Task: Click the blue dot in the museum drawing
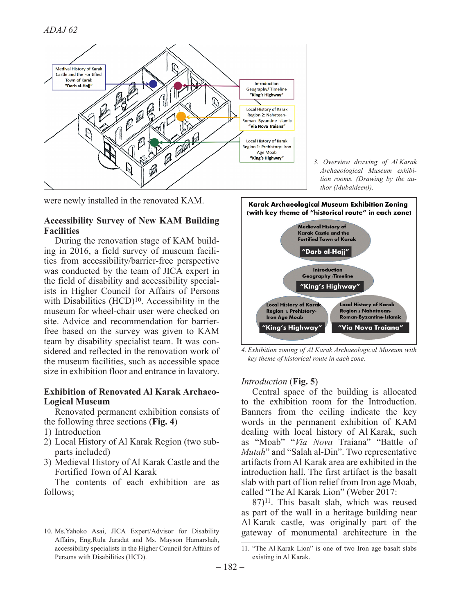pyautogui.click(x=153, y=84)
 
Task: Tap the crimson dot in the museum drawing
pyautogui.click(x=178, y=86)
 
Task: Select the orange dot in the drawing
pyautogui.click(x=181, y=116)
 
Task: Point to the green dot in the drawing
pyautogui.click(x=154, y=142)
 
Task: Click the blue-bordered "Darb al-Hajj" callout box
pyautogui.click(x=79, y=77)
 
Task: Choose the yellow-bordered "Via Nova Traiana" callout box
pyautogui.click(x=267, y=118)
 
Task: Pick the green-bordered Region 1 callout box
pyautogui.click(x=267, y=149)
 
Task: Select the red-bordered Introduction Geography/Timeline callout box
pyautogui.click(x=267, y=89)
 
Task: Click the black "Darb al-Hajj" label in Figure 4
pyautogui.click(x=325, y=251)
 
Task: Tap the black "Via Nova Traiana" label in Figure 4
pyautogui.click(x=371, y=327)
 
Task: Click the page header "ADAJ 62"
pyautogui.click(x=61, y=29)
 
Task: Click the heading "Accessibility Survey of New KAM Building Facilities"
pyautogui.click(x=131, y=226)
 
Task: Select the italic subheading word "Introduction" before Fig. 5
pyautogui.click(x=264, y=381)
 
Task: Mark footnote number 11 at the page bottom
pyautogui.click(x=245, y=548)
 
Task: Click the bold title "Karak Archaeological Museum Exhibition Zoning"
pyautogui.click(x=328, y=204)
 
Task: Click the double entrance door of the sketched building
pyautogui.click(x=110, y=152)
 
